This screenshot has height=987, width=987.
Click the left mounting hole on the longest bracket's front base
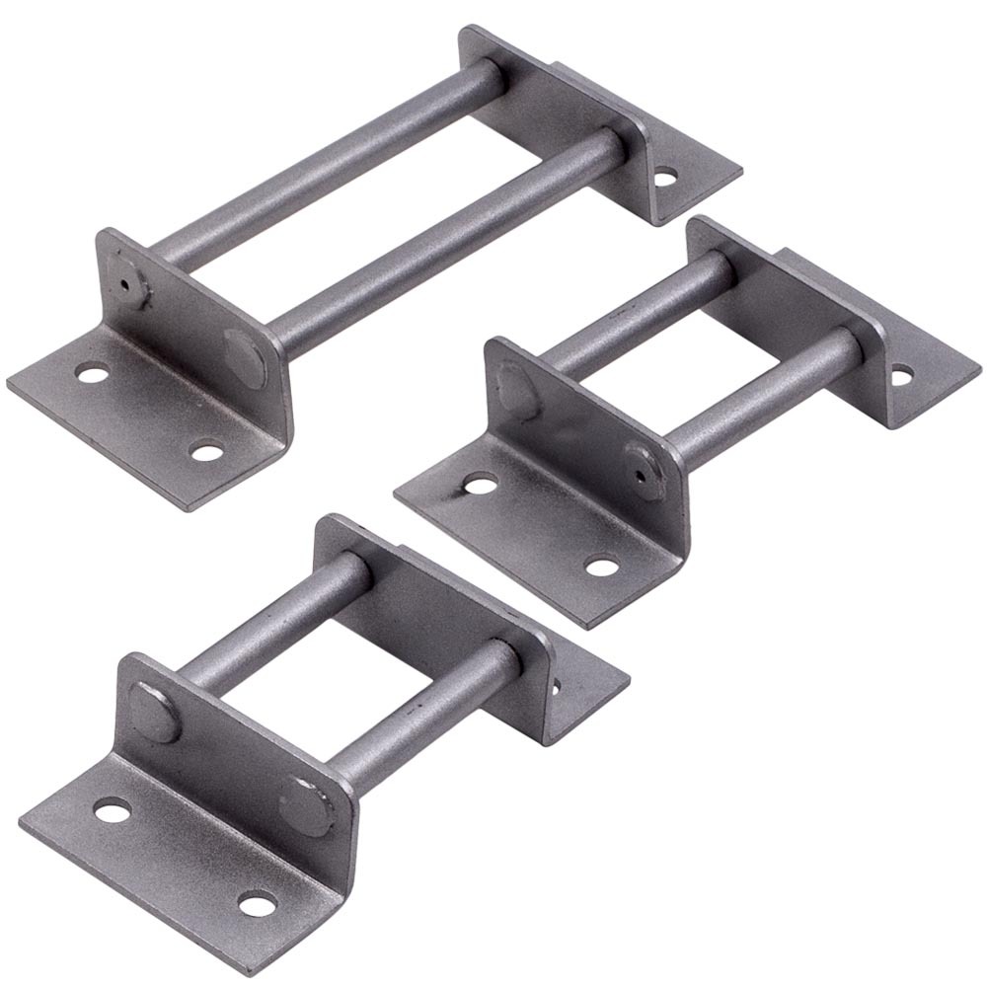tap(92, 374)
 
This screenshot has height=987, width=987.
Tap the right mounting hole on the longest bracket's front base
tap(205, 453)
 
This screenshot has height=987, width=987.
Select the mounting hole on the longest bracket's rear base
tap(666, 181)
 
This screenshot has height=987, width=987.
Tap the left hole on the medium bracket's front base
tap(480, 485)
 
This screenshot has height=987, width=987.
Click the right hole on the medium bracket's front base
tap(600, 567)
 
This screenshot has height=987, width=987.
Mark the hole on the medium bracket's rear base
tap(901, 375)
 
